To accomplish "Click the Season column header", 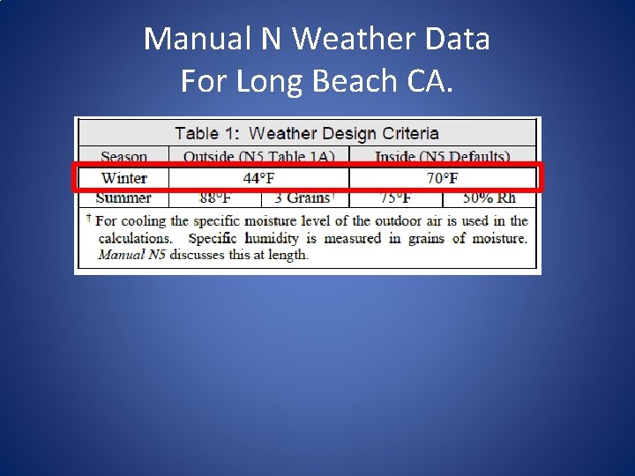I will [123, 157].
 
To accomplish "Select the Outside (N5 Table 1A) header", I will [258, 157].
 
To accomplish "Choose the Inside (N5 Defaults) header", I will [443, 157].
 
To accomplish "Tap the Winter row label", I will [123, 178].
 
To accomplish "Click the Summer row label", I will [123, 198].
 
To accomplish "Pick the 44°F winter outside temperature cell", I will [258, 178].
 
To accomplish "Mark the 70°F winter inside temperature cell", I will [443, 178].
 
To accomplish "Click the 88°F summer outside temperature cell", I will [214, 198].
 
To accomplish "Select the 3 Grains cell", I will [303, 198].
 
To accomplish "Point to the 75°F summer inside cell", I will [395, 198].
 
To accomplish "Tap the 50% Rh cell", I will [489, 198].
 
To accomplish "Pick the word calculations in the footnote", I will [135, 238].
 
